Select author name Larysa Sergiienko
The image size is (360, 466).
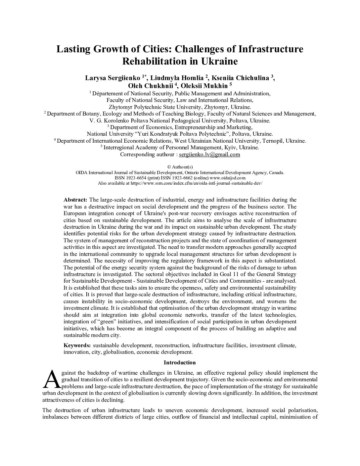coord(113,78)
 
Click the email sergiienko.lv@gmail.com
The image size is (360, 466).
coord(209,155)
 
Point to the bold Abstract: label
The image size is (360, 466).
coord(75,200)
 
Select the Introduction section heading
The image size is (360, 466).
coord(180,362)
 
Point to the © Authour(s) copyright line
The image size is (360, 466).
coord(180,167)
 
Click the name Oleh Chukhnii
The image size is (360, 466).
coord(146,86)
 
